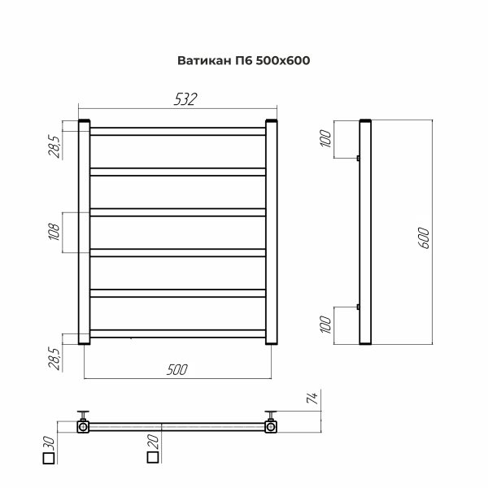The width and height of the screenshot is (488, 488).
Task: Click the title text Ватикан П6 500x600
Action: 243,60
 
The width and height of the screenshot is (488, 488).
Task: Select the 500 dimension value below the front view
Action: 176,369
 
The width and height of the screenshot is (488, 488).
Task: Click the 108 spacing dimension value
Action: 54,233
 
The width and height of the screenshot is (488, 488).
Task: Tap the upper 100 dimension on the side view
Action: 327,139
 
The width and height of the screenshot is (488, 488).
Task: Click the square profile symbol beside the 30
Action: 48,459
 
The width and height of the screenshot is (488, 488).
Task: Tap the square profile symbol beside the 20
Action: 152,459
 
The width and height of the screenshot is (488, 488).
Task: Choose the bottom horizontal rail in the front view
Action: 176,332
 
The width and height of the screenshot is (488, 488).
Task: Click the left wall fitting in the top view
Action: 82,423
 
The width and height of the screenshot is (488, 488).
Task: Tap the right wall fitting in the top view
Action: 270,423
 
